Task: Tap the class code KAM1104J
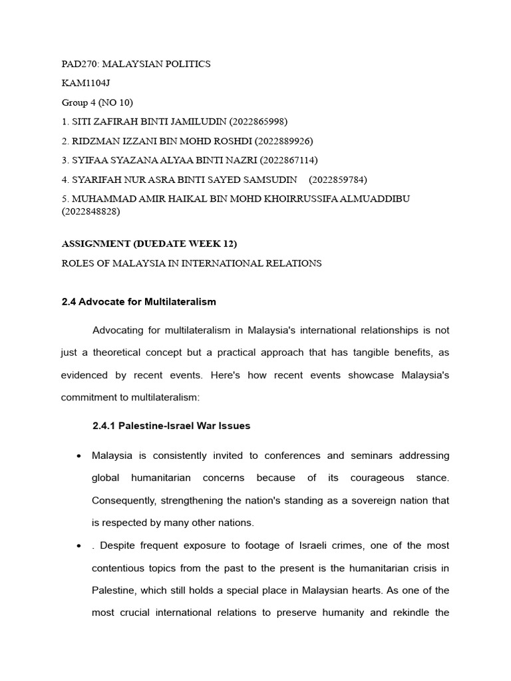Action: (x=85, y=83)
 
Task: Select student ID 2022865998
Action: (x=258, y=122)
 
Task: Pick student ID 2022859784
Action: (x=337, y=180)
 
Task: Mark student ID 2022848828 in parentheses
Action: (x=90, y=211)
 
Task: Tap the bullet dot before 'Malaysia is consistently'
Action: (x=79, y=456)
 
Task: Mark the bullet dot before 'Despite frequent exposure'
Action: (x=79, y=546)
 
